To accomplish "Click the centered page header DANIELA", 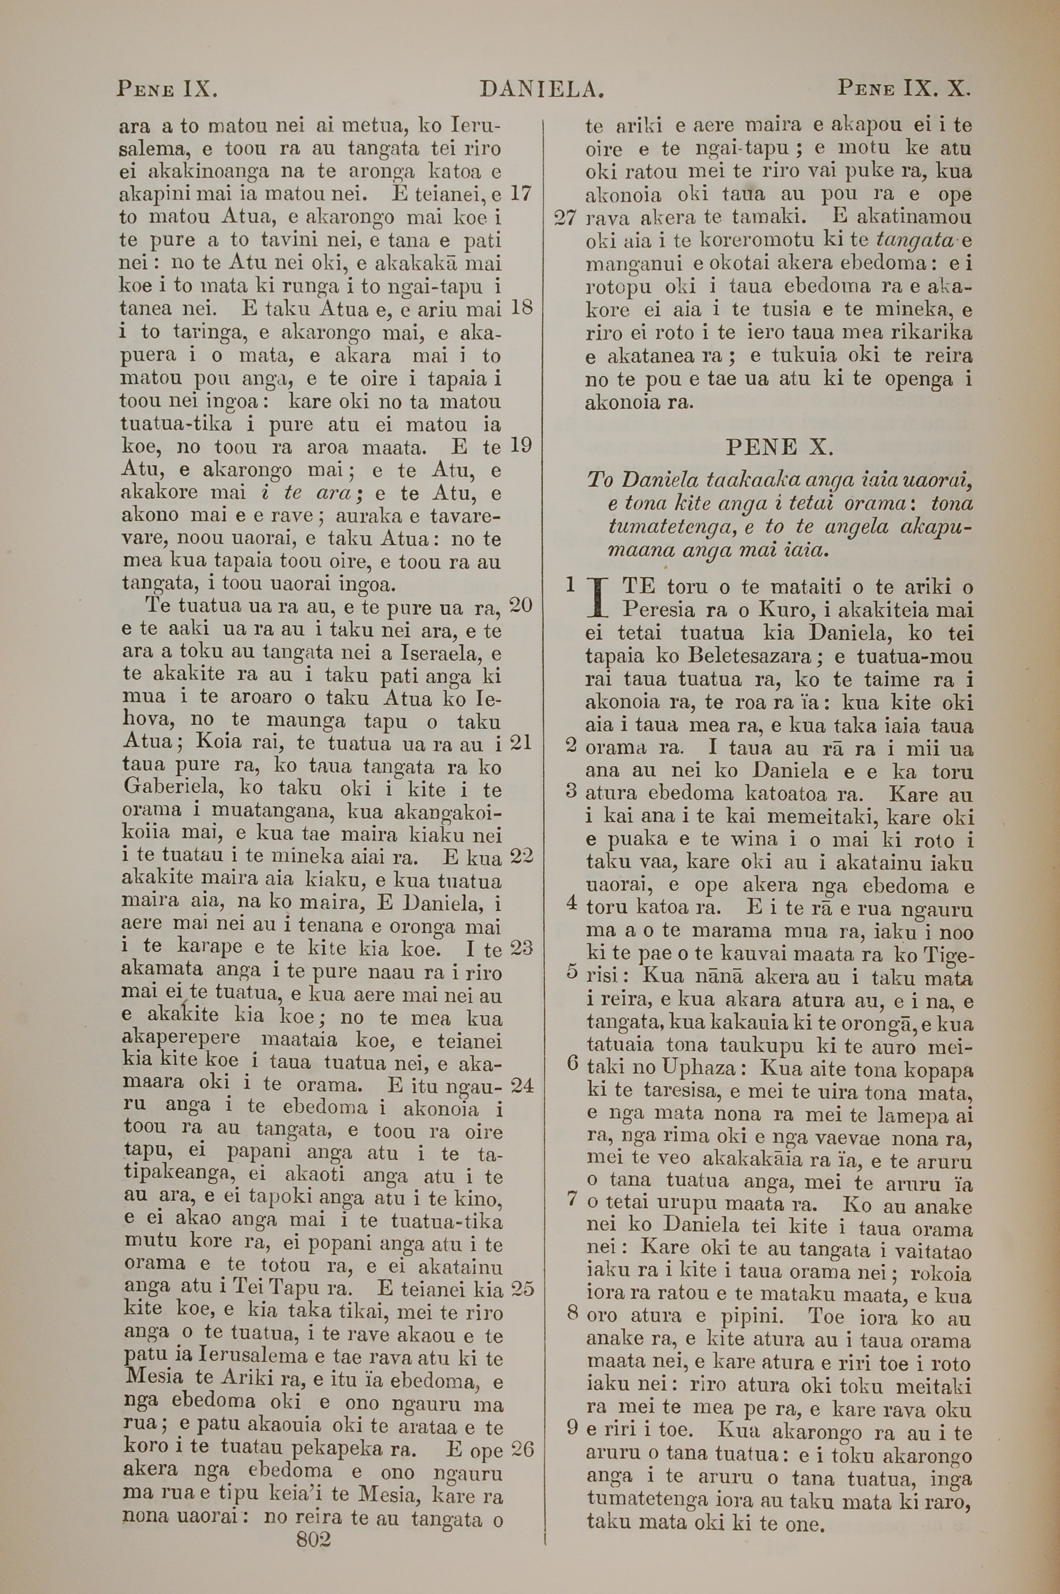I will click(541, 89).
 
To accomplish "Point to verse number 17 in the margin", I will click(521, 194).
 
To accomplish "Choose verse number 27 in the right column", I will click(564, 218).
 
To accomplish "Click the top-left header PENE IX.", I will click(166, 89).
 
